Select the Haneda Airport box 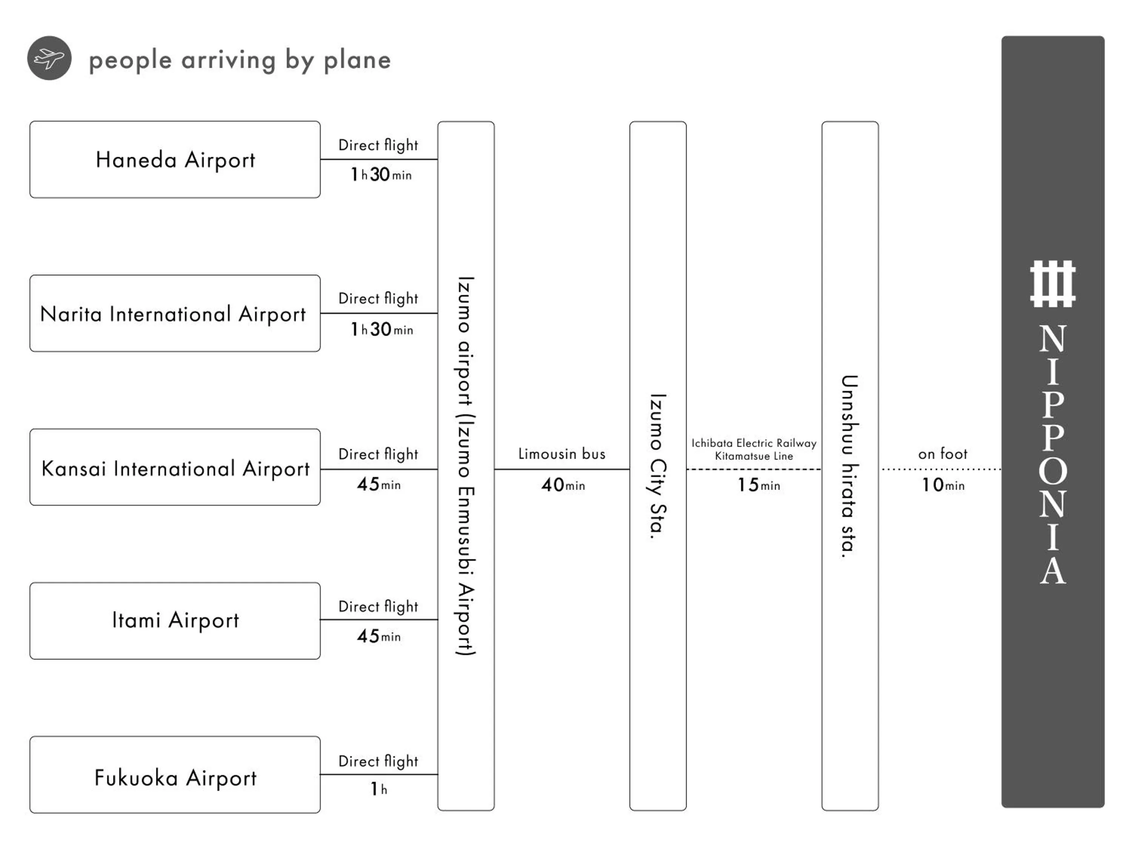175,160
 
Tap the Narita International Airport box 175,314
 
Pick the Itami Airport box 175,621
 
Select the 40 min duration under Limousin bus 563,484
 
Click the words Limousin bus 561,454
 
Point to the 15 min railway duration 758,484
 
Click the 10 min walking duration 943,484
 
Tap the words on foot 943,454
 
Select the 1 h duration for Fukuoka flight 379,789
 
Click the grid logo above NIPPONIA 1053,284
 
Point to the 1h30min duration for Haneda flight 381,174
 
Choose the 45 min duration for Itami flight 379,636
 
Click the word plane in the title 357,60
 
